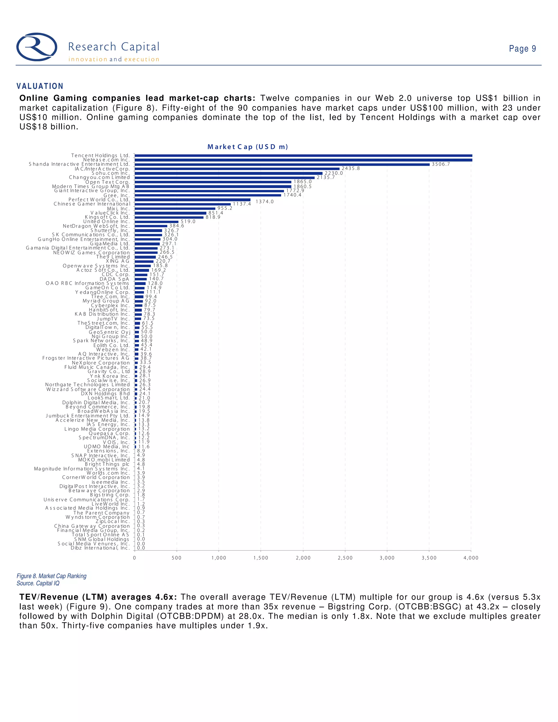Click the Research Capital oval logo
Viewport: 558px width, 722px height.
37,47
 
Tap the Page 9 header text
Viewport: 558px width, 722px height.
522,48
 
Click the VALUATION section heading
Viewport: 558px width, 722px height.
40,86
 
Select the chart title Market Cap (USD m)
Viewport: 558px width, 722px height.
248,147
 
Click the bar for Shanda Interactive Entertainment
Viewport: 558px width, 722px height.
282,164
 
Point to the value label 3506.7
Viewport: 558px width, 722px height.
441,164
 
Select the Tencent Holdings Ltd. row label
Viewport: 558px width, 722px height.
101,155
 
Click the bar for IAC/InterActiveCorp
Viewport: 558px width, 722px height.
237,169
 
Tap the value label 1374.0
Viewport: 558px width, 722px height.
265,202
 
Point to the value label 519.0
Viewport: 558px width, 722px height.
188,222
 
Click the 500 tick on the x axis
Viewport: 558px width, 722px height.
177,558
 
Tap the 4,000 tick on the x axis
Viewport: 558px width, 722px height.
471,558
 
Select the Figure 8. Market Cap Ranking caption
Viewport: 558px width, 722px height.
51,576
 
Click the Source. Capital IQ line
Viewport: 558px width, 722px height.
38,584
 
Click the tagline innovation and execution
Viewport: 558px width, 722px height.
114,59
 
